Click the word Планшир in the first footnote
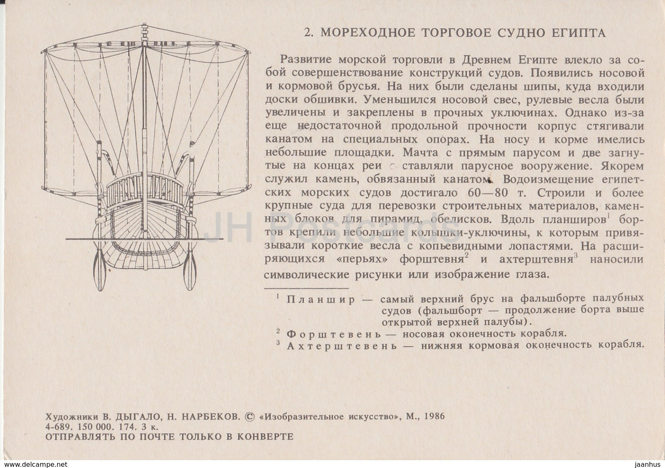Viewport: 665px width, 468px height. click(x=321, y=300)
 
